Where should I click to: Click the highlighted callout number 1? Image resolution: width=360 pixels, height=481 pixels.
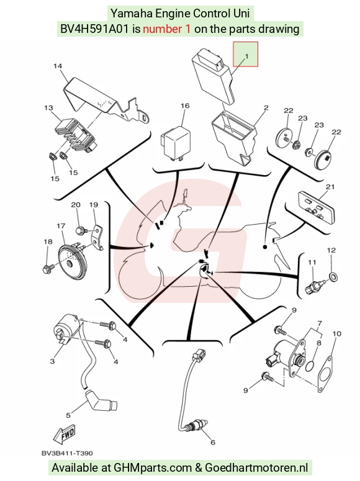(x=246, y=56)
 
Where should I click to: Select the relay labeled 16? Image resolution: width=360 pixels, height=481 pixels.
(x=176, y=144)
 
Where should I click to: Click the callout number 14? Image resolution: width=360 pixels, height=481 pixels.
(x=58, y=66)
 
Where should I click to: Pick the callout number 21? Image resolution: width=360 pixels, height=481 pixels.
(x=330, y=187)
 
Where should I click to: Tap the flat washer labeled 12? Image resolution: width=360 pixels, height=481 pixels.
(x=333, y=276)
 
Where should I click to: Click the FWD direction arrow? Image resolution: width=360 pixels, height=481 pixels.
(x=65, y=434)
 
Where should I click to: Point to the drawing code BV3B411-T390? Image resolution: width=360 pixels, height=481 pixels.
(x=67, y=453)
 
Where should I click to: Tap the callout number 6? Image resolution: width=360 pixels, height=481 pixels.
(x=213, y=442)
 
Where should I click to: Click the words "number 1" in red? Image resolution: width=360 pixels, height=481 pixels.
(x=166, y=29)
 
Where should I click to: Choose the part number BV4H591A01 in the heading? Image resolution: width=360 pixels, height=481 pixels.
(x=95, y=29)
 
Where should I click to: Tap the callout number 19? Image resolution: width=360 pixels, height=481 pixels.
(x=94, y=205)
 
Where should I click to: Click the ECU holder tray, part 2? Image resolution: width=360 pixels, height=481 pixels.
(x=234, y=135)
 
